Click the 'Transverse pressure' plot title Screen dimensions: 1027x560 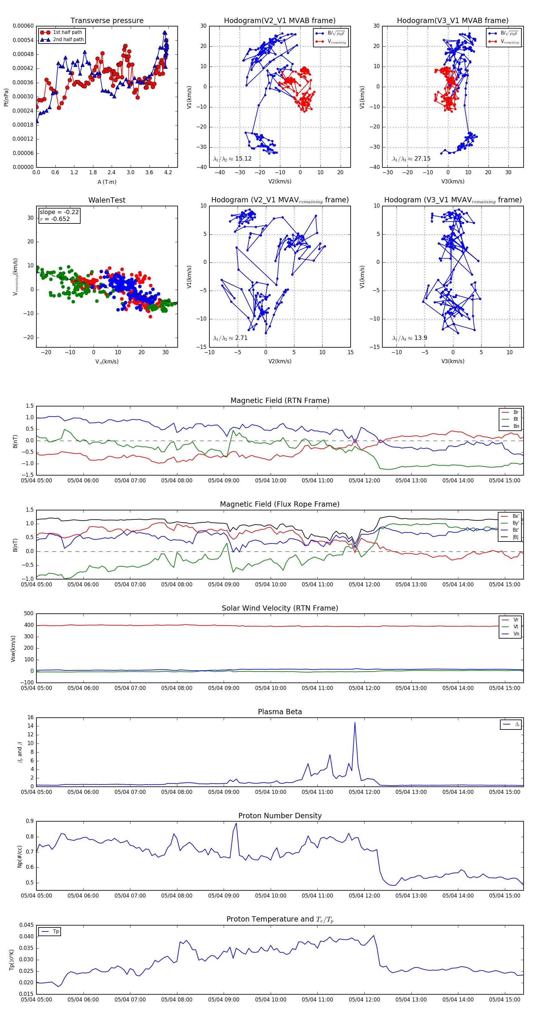[x=107, y=21]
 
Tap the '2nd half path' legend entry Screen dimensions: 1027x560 [x=68, y=40]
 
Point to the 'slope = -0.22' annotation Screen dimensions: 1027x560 [x=59, y=212]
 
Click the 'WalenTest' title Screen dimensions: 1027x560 [x=107, y=200]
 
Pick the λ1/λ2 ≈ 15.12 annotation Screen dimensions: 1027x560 [x=232, y=159]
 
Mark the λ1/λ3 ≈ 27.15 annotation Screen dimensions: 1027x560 [x=411, y=159]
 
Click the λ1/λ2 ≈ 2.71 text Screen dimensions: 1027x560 [x=230, y=338]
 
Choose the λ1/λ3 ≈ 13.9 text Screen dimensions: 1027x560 [x=410, y=338]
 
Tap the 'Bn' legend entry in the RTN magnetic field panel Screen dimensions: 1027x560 [x=516, y=426]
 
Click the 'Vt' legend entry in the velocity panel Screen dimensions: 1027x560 [x=516, y=627]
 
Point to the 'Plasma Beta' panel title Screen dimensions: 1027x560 [x=280, y=712]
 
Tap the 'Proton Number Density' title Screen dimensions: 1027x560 [x=280, y=816]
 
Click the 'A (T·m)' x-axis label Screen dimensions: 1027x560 [x=107, y=182]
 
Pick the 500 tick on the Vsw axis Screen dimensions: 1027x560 [x=29, y=614]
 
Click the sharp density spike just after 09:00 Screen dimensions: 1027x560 [x=236, y=823]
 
